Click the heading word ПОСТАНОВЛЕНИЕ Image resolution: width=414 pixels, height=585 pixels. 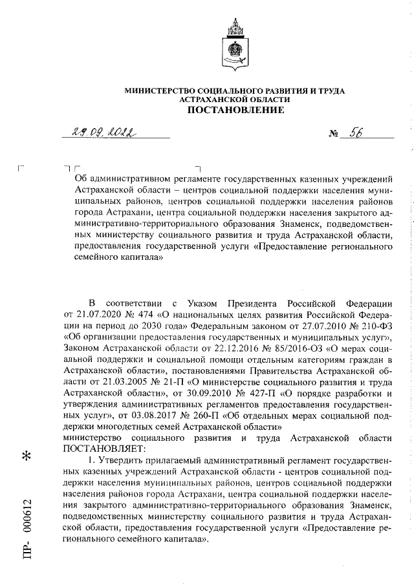click(x=235, y=111)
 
